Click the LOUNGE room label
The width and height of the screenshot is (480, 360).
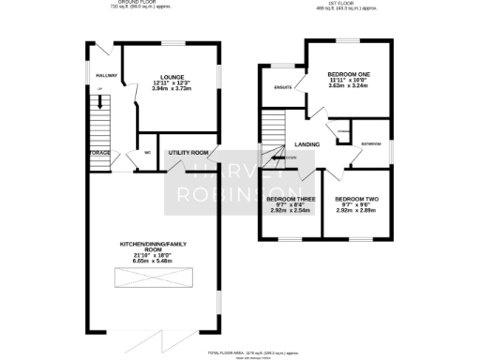pyautogui.click(x=171, y=77)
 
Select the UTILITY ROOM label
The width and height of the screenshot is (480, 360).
pyautogui.click(x=186, y=152)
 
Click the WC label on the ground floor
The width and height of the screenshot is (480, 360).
pyautogui.click(x=147, y=153)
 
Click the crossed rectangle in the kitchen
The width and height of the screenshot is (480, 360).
pyautogui.click(x=155, y=278)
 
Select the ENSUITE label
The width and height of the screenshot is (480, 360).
pyautogui.click(x=282, y=87)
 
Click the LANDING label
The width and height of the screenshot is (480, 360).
pyautogui.click(x=307, y=144)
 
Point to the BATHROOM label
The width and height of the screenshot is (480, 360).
pyautogui.click(x=371, y=143)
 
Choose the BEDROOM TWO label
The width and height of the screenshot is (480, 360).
pyautogui.click(x=356, y=199)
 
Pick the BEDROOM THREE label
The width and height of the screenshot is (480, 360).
pyautogui.click(x=289, y=199)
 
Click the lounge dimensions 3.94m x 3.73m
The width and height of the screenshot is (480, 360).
pyautogui.click(x=171, y=90)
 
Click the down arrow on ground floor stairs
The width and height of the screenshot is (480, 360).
pyautogui.click(x=99, y=90)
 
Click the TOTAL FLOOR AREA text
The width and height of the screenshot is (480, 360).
pyautogui.click(x=240, y=352)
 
